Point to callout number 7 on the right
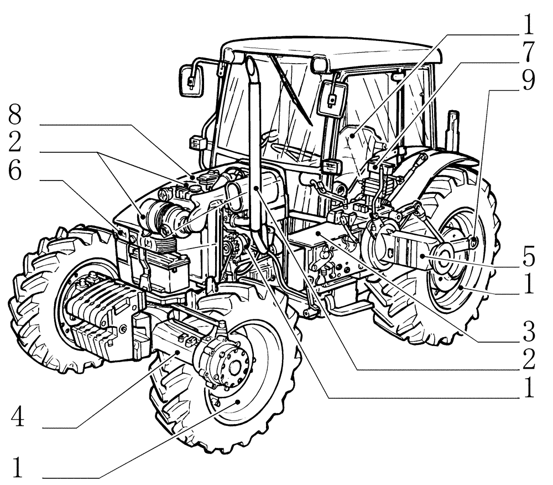(528, 52)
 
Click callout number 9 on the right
(528, 81)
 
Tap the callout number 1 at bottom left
(18, 468)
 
